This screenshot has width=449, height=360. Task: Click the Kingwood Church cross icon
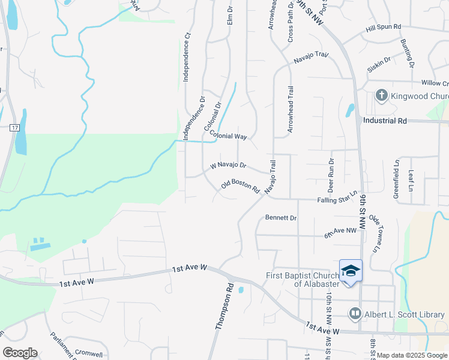(x=381, y=95)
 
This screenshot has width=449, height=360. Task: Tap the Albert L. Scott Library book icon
(x=355, y=314)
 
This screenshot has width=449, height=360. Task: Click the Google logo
(x=20, y=353)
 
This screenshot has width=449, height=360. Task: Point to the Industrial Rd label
(x=385, y=121)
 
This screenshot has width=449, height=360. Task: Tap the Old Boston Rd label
(x=240, y=187)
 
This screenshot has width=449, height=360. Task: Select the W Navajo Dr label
(x=228, y=165)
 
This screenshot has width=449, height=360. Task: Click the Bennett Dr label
(x=281, y=218)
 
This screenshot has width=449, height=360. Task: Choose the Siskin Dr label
(x=379, y=64)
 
